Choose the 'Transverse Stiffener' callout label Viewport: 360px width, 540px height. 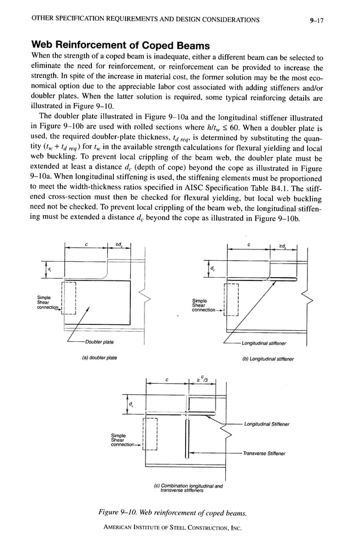pyautogui.click(x=265, y=453)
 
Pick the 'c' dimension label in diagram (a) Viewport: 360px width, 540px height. pyautogui.click(x=86, y=244)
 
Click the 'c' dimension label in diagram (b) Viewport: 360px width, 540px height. pyautogui.click(x=248, y=244)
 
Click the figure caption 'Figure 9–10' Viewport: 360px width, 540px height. pyautogui.click(x=173, y=512)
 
